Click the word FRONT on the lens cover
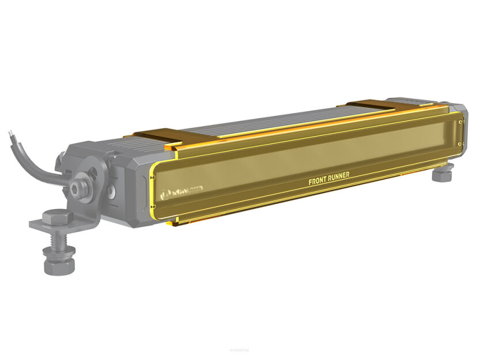319,181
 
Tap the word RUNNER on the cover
339,177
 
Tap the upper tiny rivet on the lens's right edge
459,122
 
